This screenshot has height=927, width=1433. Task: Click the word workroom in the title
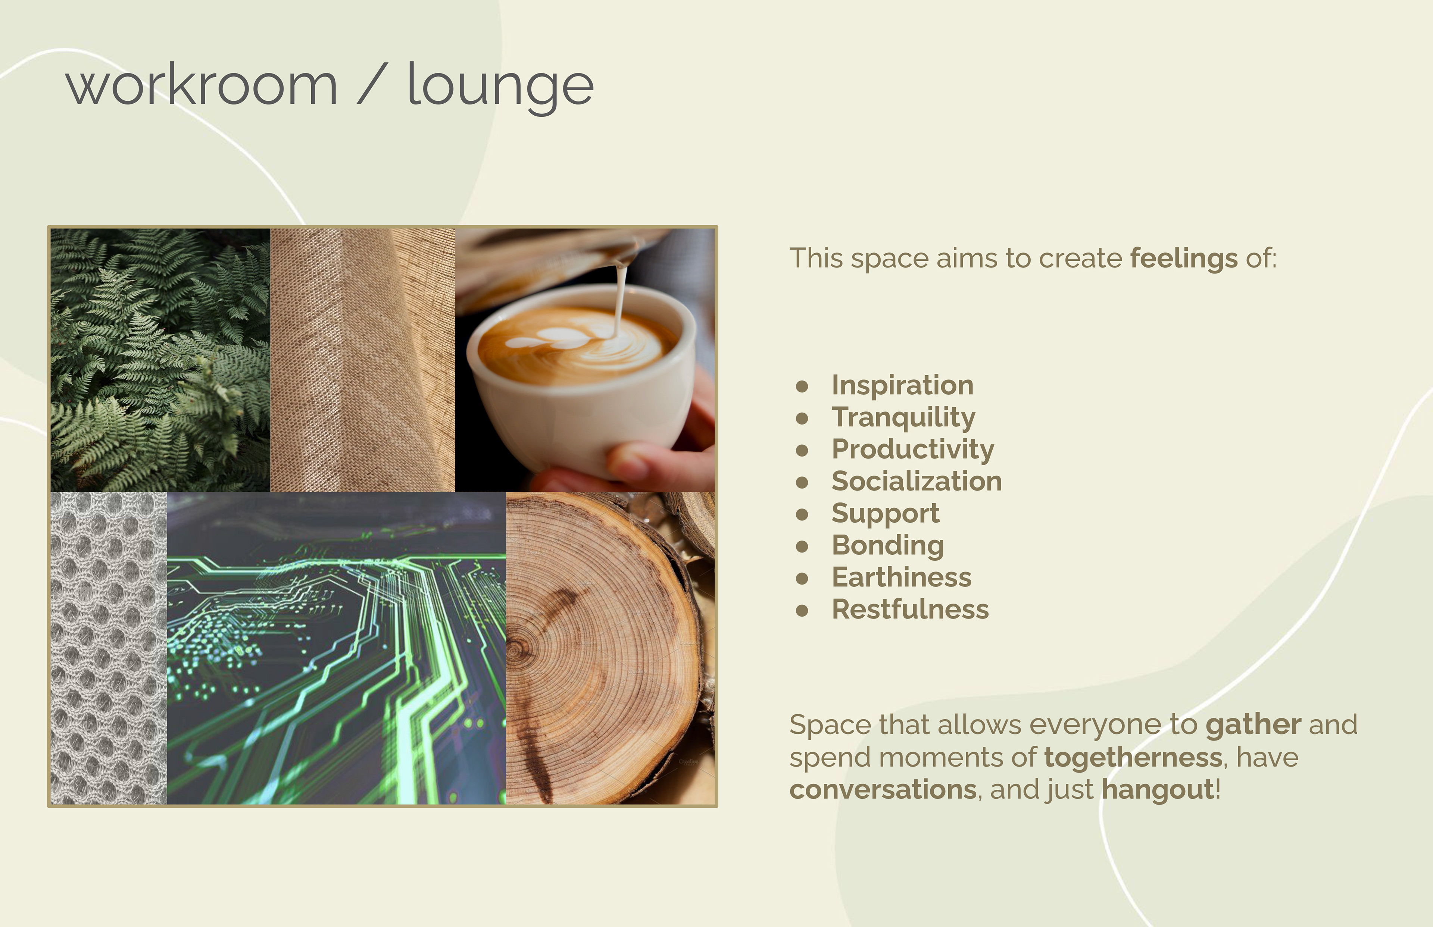click(x=202, y=85)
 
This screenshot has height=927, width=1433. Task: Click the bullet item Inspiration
click(x=903, y=385)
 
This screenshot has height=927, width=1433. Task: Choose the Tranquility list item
click(x=903, y=418)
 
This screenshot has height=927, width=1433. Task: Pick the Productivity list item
click(x=913, y=450)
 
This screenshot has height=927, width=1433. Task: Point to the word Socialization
click(x=917, y=481)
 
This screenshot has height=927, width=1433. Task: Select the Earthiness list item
click(x=901, y=577)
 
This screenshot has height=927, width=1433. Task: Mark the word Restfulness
click(x=910, y=609)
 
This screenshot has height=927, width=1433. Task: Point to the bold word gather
click(x=1254, y=725)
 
